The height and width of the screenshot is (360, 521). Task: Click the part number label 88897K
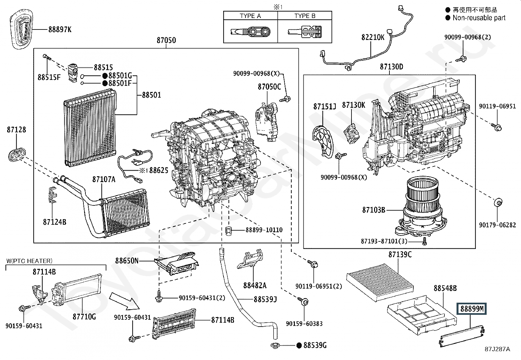(x=60, y=29)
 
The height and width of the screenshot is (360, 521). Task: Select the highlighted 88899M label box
(x=472, y=309)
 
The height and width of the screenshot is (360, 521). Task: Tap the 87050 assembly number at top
(x=166, y=40)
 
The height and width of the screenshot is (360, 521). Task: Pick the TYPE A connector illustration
(x=250, y=32)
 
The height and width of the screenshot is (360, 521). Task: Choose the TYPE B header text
(x=305, y=16)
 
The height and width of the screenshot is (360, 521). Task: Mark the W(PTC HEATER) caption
(x=29, y=261)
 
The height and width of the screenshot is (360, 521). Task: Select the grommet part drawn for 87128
(x=16, y=154)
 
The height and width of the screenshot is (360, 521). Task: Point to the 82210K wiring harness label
(x=373, y=37)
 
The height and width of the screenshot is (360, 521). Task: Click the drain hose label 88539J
(x=265, y=299)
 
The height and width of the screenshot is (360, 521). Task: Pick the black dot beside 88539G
(x=299, y=345)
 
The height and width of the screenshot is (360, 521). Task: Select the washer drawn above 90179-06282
(x=497, y=203)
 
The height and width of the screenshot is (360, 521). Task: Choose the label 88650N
(x=127, y=261)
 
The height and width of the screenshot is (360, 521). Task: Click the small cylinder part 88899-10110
(x=229, y=230)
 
